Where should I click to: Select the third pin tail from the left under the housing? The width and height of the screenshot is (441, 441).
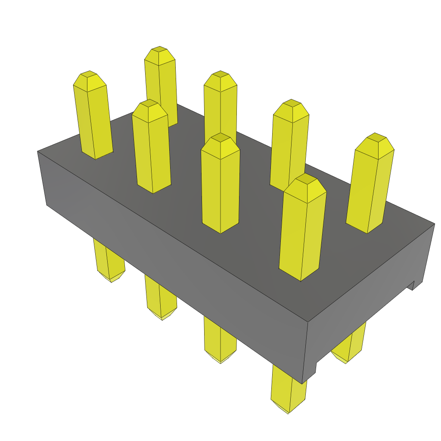click(x=220, y=340)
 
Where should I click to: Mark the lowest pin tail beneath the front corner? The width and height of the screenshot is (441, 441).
click(x=289, y=392)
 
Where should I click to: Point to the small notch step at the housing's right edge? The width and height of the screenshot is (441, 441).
click(x=412, y=286)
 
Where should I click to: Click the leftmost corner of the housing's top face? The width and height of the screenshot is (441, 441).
click(x=38, y=151)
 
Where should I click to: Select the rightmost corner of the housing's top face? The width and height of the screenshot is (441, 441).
click(x=435, y=224)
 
